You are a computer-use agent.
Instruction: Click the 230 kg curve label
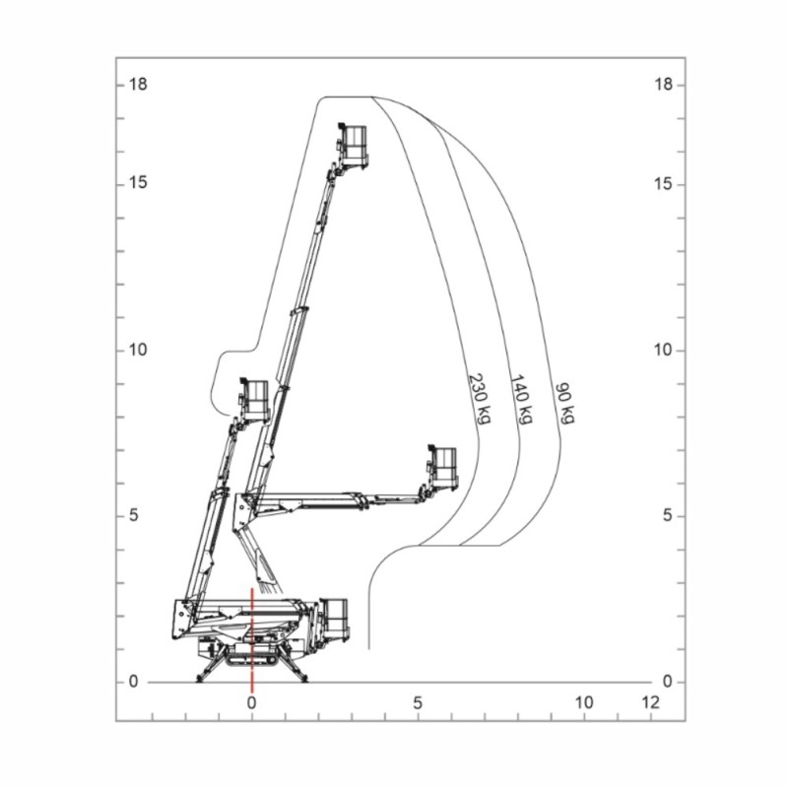pos(479,396)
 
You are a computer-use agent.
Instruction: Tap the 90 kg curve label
pos(564,403)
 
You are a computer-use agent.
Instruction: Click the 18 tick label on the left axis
pos(138,85)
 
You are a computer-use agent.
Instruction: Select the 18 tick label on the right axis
pos(663,85)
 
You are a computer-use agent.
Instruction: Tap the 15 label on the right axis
pos(663,184)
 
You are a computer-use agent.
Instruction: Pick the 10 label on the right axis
pos(663,351)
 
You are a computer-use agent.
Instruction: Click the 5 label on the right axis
pos(667,516)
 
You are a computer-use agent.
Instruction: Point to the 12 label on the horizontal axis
pos(649,703)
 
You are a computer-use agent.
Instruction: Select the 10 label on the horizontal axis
pos(584,703)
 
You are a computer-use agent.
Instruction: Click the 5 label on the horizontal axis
pos(418,703)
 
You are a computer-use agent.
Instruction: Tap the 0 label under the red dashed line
pos(251,703)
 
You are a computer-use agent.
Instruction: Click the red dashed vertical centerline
pos(252,640)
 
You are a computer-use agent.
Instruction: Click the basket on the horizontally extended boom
pos(442,467)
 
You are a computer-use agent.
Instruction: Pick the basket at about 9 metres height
pos(253,398)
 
